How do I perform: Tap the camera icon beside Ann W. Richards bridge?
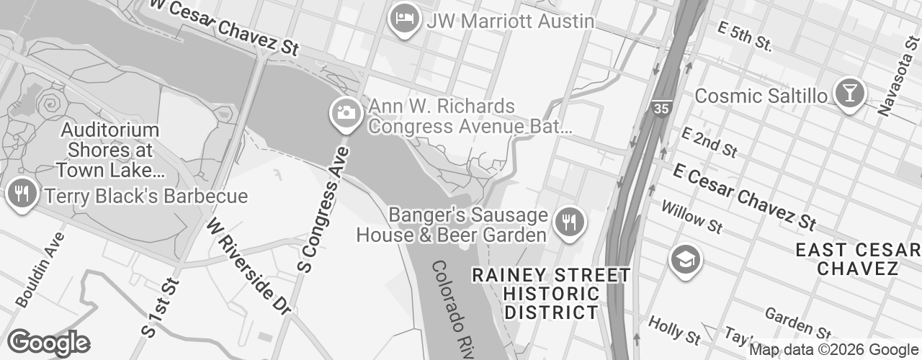[346, 112]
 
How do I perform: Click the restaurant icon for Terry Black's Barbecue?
[22, 194]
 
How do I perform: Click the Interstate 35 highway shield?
[661, 109]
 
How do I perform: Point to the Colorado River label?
[453, 310]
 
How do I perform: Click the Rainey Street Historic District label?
[551, 294]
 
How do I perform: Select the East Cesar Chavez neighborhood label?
[857, 259]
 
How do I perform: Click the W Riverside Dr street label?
[248, 266]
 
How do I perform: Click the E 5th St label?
[745, 36]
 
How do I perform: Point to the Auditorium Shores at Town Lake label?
[109, 150]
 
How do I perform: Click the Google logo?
[48, 343]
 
